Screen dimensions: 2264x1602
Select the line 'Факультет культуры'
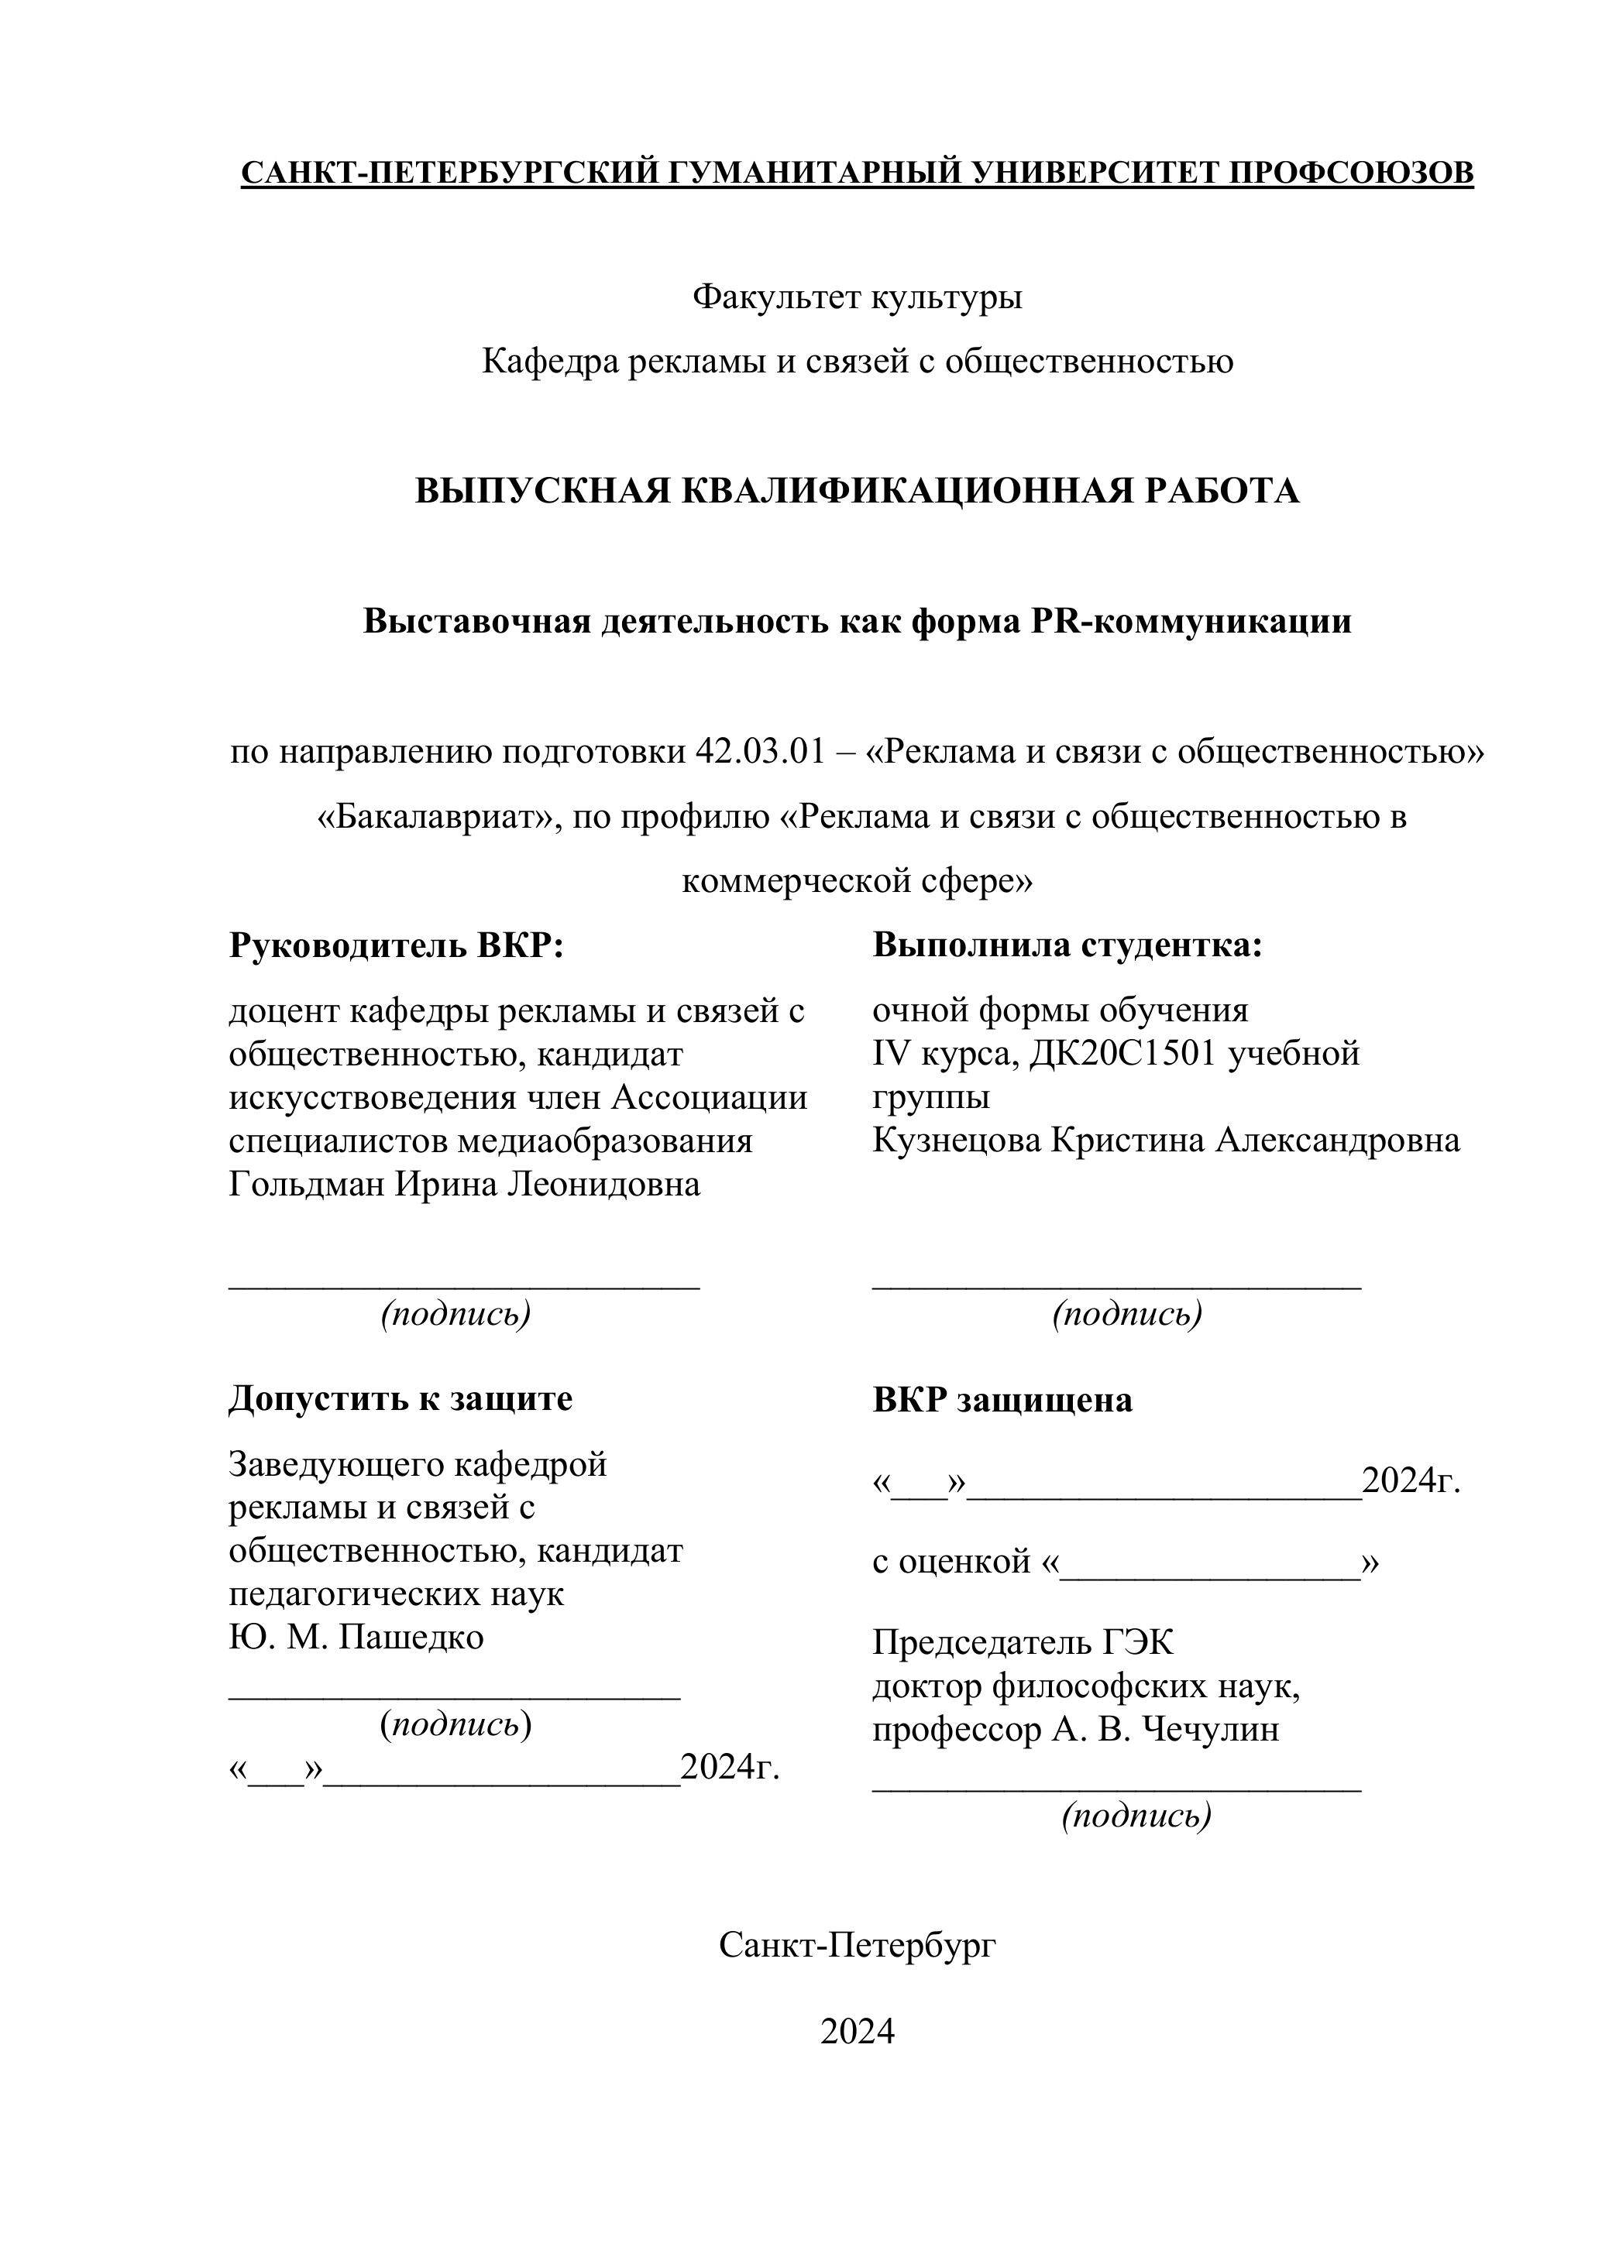(x=858, y=296)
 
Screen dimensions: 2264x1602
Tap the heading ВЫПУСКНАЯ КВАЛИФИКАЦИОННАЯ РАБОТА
(x=858, y=491)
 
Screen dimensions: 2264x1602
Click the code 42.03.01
(x=758, y=751)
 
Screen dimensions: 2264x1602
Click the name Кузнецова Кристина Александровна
(x=1166, y=1141)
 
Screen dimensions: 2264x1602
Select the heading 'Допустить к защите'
(x=400, y=1398)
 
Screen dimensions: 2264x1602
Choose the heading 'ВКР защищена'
(x=1002, y=1400)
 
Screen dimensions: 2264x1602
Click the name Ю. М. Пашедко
(x=356, y=1637)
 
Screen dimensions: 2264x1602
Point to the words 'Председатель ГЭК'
(x=1023, y=1643)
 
